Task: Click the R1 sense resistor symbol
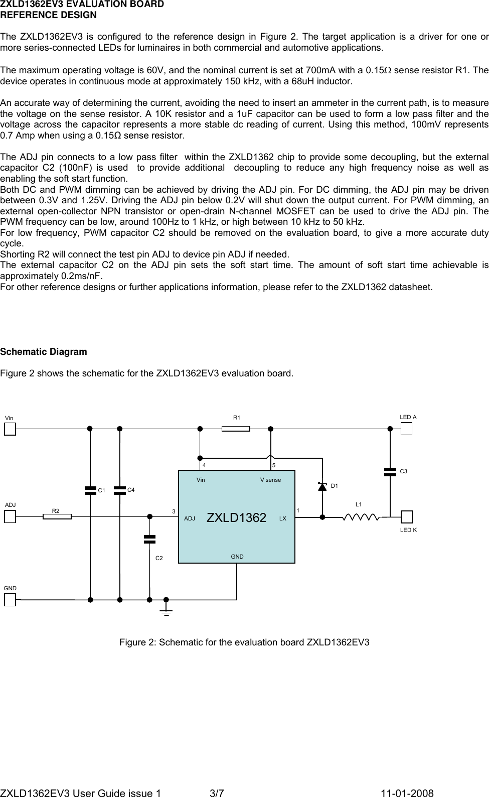[x=236, y=429]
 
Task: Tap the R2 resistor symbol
[x=57, y=516]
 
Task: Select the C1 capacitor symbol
[x=90, y=490]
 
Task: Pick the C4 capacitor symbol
[x=120, y=490]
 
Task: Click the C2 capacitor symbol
[x=149, y=539]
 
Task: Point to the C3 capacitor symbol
[x=390, y=471]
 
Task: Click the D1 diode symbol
[x=322, y=487]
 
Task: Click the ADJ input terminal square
[x=10, y=516]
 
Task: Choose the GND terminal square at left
[x=10, y=599]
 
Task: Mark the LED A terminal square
[x=406, y=429]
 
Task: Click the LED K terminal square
[x=406, y=516]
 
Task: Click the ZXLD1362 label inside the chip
[x=236, y=518]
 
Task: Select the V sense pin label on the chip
[x=270, y=480]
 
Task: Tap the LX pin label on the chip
[x=283, y=518]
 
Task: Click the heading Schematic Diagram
[x=44, y=352]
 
